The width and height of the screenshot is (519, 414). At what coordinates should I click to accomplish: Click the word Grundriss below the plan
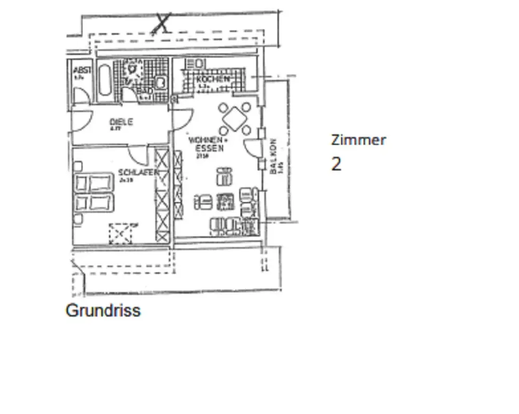click(x=103, y=310)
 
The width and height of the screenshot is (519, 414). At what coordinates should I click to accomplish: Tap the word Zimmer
click(x=358, y=140)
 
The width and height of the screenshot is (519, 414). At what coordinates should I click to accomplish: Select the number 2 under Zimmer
click(x=336, y=164)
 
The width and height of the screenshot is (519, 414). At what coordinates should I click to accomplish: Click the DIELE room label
click(x=121, y=122)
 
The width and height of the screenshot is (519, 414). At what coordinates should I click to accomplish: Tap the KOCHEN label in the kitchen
click(x=213, y=79)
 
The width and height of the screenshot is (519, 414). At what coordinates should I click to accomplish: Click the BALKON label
click(x=274, y=155)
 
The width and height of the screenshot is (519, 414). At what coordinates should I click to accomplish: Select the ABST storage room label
click(x=83, y=70)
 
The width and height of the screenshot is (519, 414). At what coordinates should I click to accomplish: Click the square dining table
click(x=235, y=119)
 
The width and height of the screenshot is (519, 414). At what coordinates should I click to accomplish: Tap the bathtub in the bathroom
click(x=104, y=81)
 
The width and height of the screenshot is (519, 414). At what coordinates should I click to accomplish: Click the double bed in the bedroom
click(x=94, y=192)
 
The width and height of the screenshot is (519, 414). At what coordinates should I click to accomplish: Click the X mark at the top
click(x=162, y=23)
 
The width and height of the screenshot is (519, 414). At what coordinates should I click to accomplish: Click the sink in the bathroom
click(x=160, y=82)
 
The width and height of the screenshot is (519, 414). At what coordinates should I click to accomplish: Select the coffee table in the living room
click(x=225, y=201)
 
